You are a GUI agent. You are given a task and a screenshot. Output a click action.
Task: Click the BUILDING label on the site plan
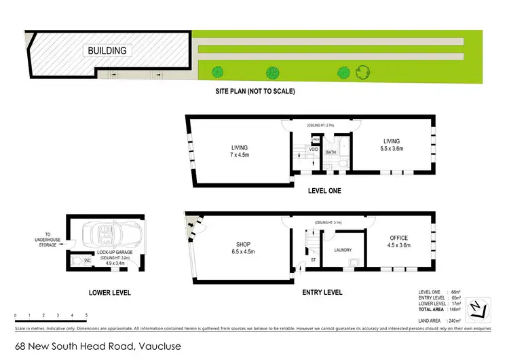click(x=107, y=50)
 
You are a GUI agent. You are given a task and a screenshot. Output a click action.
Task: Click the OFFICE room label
click(x=399, y=242)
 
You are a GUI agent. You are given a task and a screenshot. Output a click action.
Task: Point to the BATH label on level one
click(x=331, y=152)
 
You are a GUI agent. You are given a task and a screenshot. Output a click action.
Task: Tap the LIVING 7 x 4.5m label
click(x=239, y=151)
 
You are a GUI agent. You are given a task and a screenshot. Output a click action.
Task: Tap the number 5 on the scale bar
click(x=86, y=316)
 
